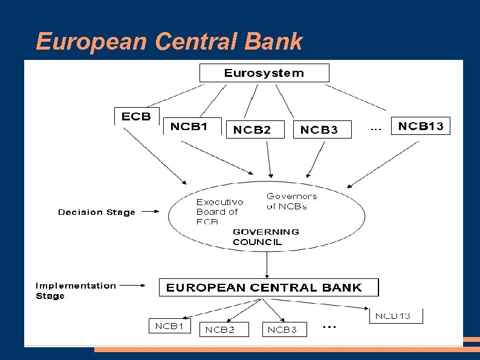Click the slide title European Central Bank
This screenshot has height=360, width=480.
click(169, 42)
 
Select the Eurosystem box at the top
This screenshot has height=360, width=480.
click(264, 73)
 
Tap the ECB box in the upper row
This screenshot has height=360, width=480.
click(137, 117)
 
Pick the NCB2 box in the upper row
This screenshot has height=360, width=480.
click(255, 129)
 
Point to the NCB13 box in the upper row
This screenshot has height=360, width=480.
click(421, 126)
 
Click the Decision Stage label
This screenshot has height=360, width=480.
click(97, 212)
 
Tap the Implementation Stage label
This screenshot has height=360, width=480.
click(76, 290)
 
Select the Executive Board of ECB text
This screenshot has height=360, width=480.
click(219, 212)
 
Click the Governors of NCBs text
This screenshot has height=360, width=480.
click(291, 201)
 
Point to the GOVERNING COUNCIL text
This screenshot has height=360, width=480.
click(265, 237)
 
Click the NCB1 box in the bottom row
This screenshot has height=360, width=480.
click(169, 326)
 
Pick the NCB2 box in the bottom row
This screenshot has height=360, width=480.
click(219, 330)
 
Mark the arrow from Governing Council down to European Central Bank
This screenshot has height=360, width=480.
click(267, 265)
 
